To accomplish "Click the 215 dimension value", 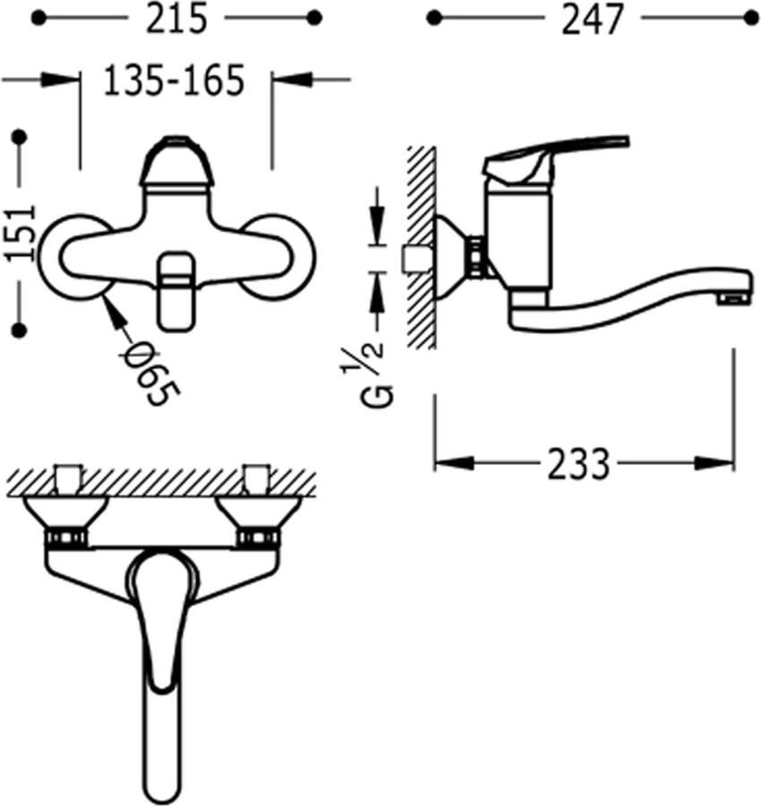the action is click(x=176, y=19).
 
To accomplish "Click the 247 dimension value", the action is click(x=592, y=21).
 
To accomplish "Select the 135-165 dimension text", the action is click(x=175, y=81).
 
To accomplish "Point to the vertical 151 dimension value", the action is click(x=21, y=234).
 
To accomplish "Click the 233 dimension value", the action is click(x=578, y=464).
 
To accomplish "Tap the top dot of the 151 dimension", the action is click(x=20, y=137).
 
